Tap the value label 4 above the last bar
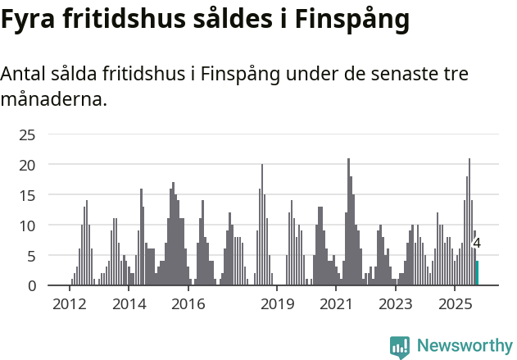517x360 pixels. [x=477, y=243]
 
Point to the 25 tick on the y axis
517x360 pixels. [x=28, y=134]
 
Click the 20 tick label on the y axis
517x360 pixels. [x=28, y=165]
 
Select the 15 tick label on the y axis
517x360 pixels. [x=28, y=195]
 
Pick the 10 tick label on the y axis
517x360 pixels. [x=28, y=226]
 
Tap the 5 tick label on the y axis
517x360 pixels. [x=32, y=256]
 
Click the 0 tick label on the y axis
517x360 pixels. [x=32, y=286]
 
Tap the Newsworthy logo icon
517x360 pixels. [x=400, y=346]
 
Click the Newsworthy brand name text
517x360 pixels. [x=465, y=346]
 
